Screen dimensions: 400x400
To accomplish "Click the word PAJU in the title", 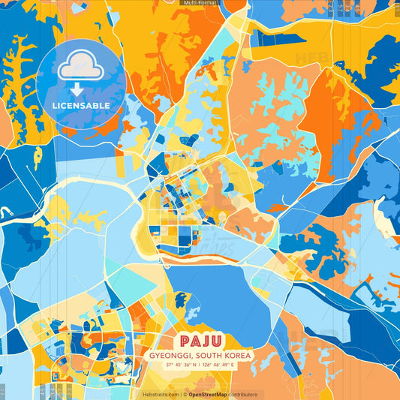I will tap(200, 341).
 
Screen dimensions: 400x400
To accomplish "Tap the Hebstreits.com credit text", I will tap(161, 394).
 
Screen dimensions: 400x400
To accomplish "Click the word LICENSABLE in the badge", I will tap(81, 106).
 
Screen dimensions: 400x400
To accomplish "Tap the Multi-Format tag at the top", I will tap(200, 3).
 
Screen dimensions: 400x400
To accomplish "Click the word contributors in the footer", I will tap(243, 394).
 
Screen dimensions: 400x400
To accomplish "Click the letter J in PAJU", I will tap(206, 341).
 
